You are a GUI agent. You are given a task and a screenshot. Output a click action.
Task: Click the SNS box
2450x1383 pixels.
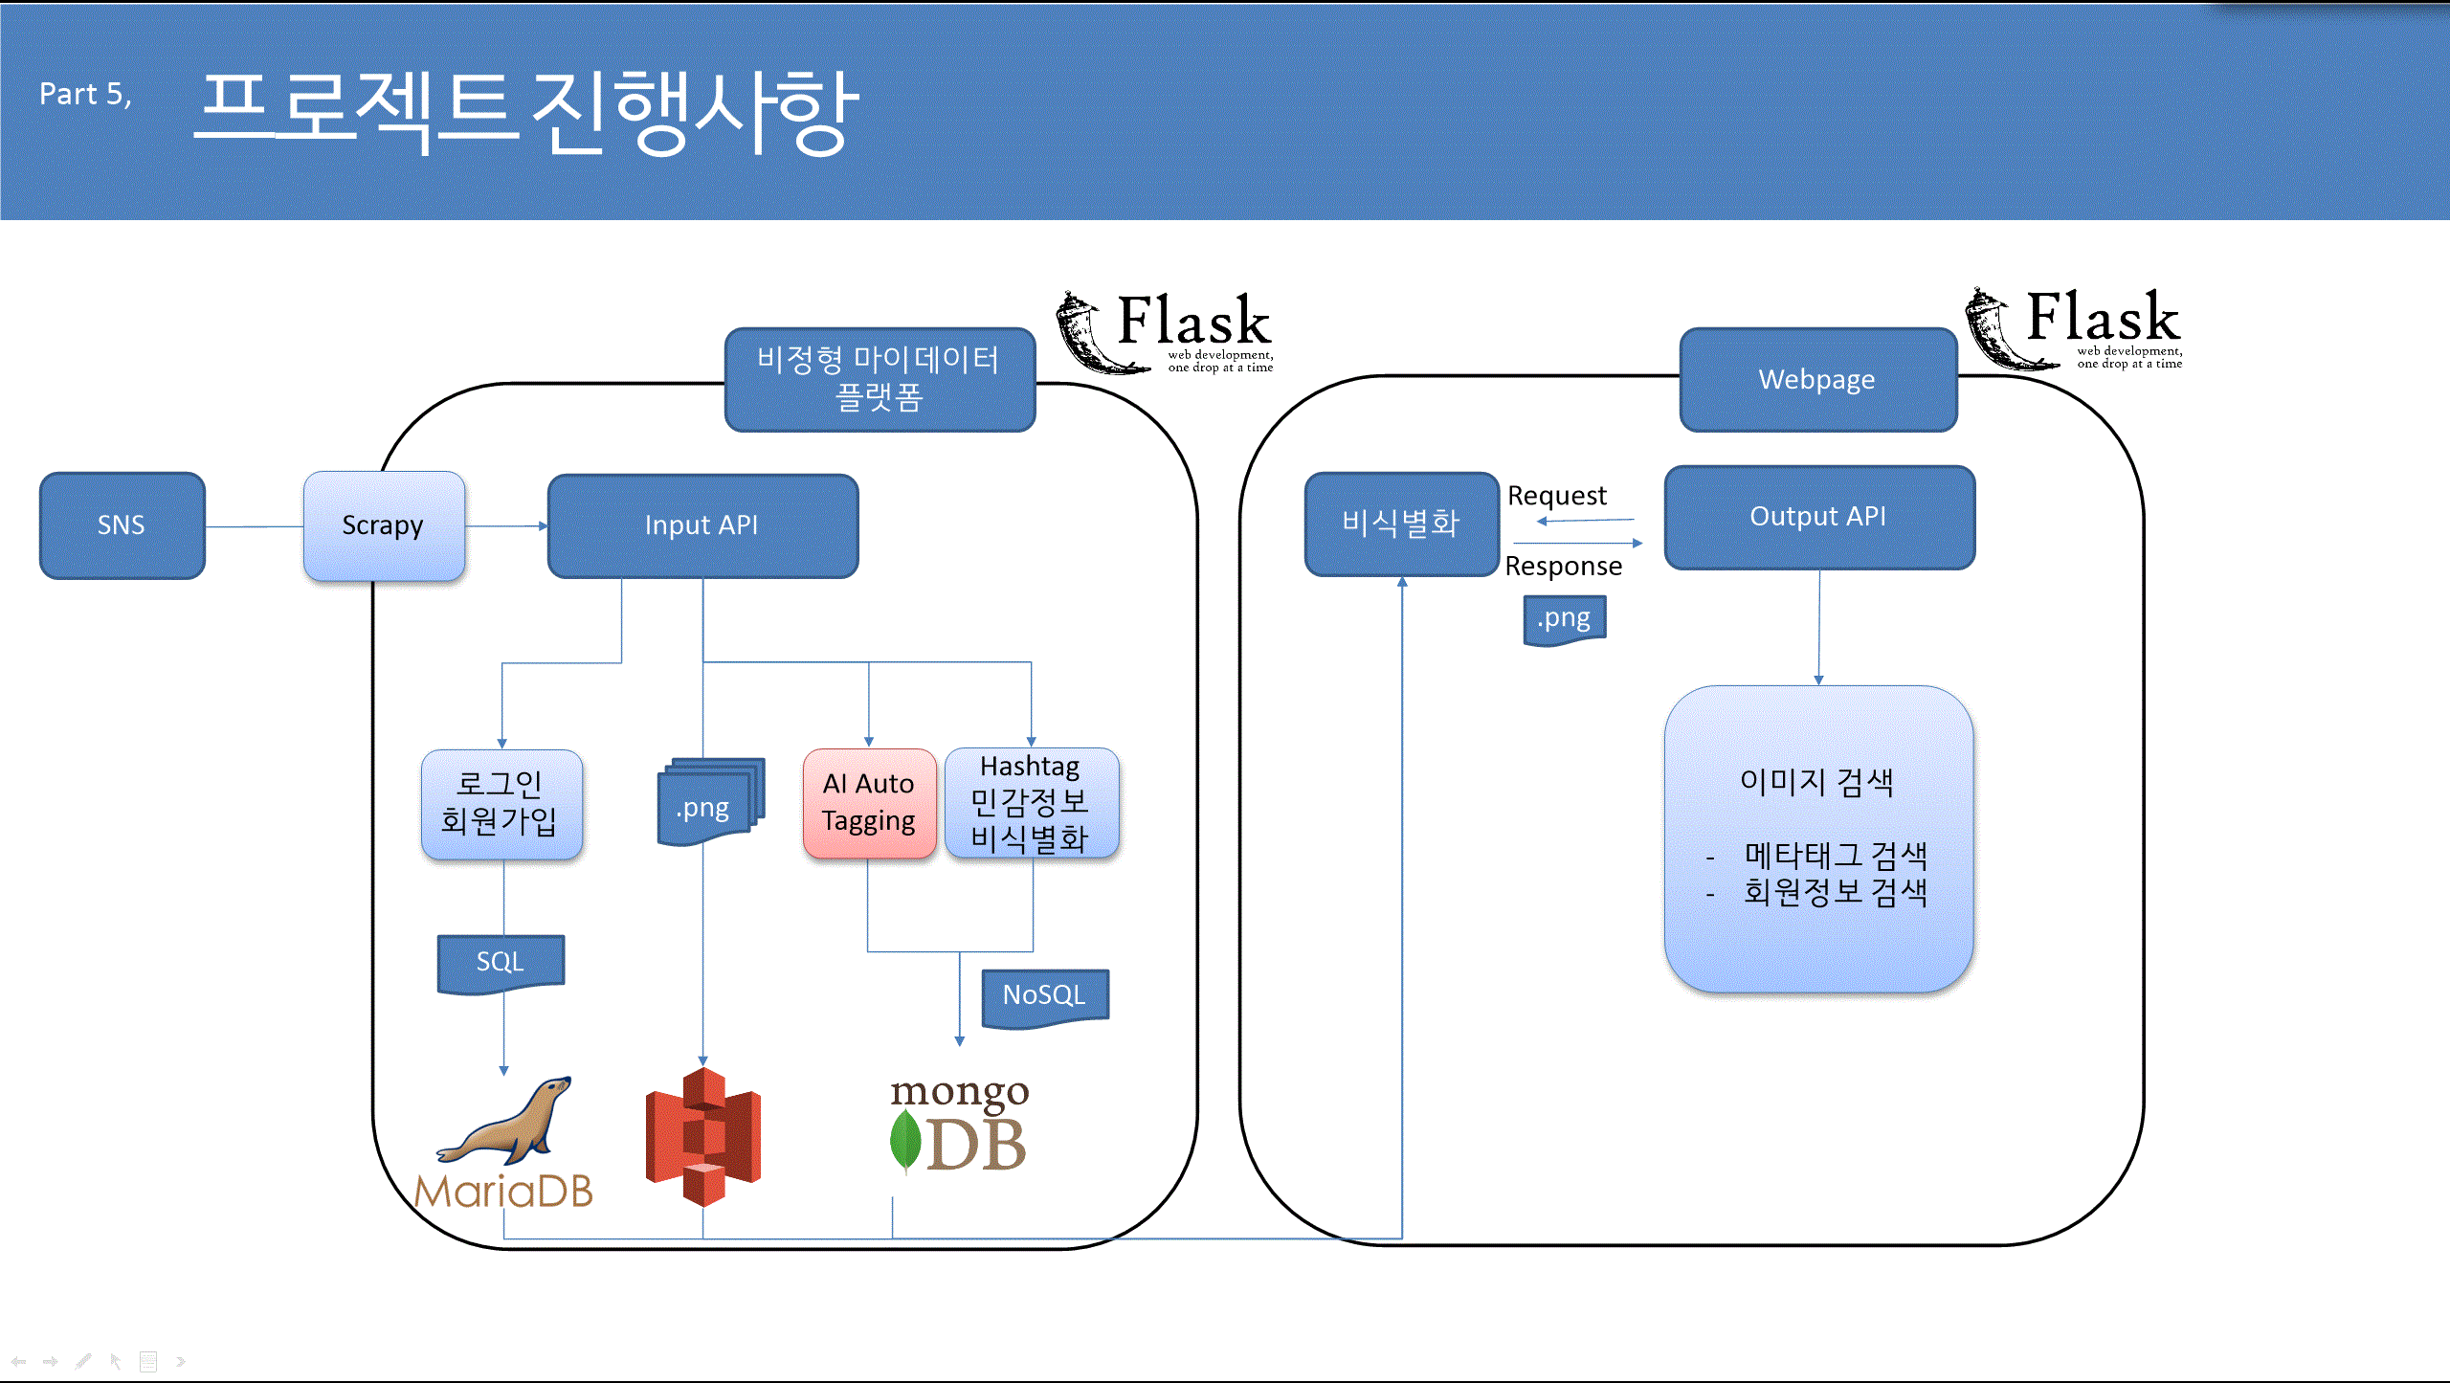tap(122, 524)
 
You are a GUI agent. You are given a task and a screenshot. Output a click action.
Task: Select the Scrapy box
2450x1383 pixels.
tap(384, 525)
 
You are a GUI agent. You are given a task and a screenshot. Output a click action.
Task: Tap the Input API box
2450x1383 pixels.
tap(702, 525)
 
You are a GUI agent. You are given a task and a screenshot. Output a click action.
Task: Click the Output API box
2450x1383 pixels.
tap(1818, 517)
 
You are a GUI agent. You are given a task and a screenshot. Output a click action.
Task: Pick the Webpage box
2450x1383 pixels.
tap(1817, 380)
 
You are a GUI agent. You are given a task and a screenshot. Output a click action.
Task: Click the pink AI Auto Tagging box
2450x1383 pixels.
tap(869, 803)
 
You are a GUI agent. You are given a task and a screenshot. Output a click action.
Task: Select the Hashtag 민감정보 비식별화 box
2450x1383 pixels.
tap(1031, 803)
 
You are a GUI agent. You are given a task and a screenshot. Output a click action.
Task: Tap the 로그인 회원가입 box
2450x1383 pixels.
tap(501, 803)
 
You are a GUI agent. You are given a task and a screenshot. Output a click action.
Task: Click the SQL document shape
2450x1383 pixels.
tap(501, 962)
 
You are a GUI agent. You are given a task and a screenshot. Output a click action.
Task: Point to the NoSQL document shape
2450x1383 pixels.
tap(1044, 995)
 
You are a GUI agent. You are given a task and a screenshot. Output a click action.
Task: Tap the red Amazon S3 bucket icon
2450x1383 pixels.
tap(703, 1136)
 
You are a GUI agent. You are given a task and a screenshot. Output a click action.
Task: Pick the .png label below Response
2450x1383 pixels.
tap(1564, 618)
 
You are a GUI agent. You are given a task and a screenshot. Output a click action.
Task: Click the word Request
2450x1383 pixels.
tap(1556, 496)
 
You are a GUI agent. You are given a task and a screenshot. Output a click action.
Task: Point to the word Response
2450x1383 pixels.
tap(1563, 567)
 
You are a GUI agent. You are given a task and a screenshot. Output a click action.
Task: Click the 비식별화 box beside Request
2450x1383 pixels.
tap(1401, 524)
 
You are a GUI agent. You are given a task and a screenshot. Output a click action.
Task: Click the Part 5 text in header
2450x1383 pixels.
tap(85, 95)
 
